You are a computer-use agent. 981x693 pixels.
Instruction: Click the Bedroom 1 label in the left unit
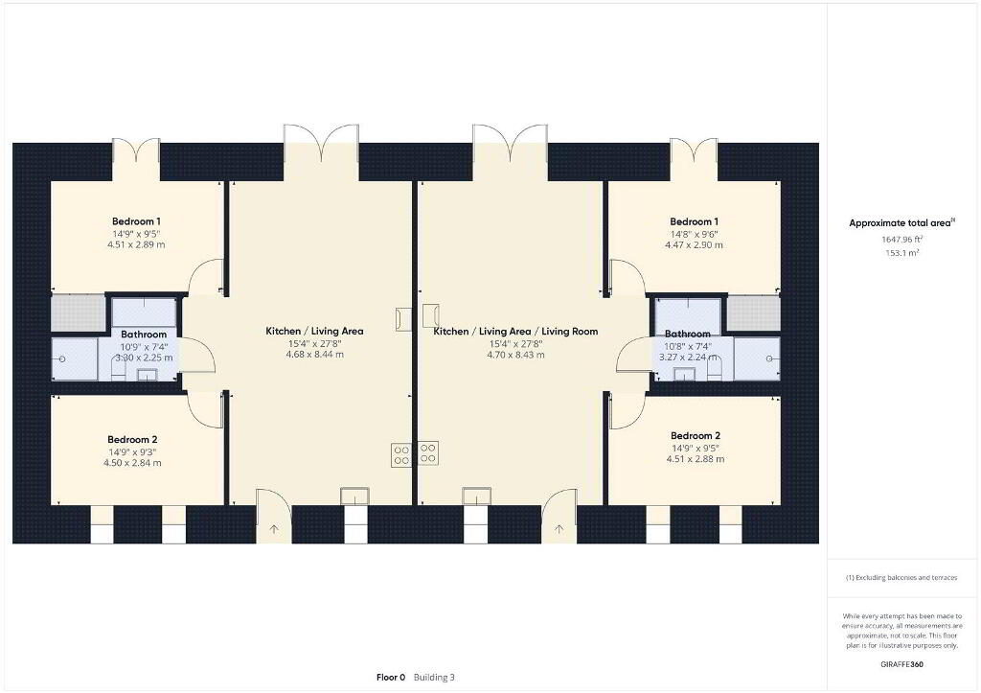[x=136, y=221]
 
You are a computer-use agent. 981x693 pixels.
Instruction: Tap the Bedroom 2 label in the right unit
[x=696, y=436]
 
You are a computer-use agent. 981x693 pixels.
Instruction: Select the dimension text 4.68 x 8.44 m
[x=314, y=355]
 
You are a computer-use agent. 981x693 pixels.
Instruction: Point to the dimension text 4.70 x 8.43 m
[x=515, y=355]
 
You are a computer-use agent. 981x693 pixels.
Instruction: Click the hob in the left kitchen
[x=401, y=455]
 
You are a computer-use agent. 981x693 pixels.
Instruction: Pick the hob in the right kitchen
[x=428, y=454]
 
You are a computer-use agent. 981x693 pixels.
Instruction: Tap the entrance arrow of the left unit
[x=274, y=530]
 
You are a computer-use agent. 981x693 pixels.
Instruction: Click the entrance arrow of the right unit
[x=559, y=530]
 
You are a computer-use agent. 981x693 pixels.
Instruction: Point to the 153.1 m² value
[x=901, y=253]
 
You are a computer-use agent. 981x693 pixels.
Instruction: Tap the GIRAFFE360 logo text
[x=901, y=664]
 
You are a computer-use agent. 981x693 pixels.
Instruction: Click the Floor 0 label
[x=391, y=678]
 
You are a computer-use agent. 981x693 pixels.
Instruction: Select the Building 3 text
[x=434, y=678]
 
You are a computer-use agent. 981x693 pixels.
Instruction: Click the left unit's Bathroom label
[x=144, y=335]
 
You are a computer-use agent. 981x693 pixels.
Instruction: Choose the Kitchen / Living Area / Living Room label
[x=515, y=331]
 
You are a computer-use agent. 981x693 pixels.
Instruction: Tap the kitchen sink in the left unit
[x=354, y=496]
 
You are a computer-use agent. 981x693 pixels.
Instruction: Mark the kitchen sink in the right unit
[x=477, y=496]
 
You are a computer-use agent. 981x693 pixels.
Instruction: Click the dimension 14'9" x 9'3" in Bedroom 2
[x=132, y=452]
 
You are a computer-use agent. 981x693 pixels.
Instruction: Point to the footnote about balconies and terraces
[x=901, y=578]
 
